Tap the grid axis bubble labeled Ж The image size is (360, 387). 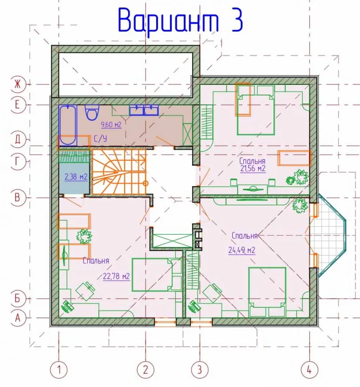(x=18, y=85)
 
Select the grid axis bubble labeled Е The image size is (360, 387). (x=18, y=105)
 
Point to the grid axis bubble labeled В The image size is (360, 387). (x=18, y=198)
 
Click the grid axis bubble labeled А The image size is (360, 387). (x=18, y=318)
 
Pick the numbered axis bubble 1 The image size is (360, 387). (x=59, y=369)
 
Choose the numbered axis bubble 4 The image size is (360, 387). (x=309, y=369)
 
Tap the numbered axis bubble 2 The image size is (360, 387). (x=145, y=369)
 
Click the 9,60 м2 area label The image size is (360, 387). (x=111, y=125)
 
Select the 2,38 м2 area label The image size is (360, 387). (x=76, y=177)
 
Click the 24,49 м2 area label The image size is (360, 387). (x=242, y=250)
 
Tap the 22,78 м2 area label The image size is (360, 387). (x=116, y=276)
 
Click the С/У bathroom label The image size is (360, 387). (x=100, y=139)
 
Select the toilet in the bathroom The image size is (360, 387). (x=92, y=112)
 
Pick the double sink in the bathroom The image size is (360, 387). (x=144, y=110)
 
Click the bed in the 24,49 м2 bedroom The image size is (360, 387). (x=267, y=292)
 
